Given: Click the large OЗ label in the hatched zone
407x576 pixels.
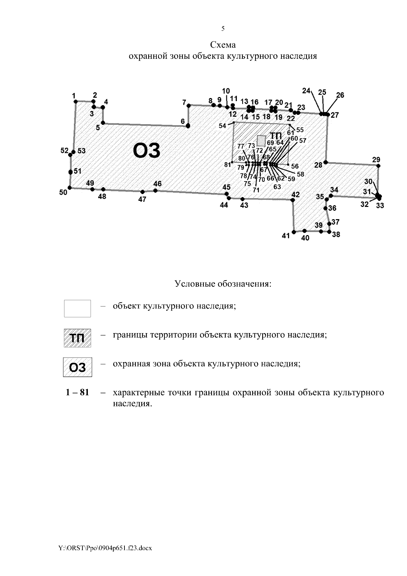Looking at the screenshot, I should [147, 151].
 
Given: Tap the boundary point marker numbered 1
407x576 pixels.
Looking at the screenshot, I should [76, 101].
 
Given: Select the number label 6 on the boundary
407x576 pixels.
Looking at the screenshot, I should [182, 121].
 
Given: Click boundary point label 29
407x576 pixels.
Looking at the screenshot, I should [376, 160].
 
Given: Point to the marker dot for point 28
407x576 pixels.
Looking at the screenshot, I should [326, 162].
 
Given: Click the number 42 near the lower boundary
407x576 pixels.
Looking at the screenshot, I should [295, 195].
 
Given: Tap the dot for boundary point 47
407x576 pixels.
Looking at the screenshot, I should [142, 192].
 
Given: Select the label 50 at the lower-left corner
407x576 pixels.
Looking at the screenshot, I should [63, 192].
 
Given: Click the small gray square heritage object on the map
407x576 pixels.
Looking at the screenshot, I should [261, 140].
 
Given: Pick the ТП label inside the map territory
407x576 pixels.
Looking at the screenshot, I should [275, 136].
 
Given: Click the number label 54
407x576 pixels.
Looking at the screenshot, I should [222, 126].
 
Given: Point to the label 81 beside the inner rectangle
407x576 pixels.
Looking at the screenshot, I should [227, 165].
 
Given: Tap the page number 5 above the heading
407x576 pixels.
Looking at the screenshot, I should [223, 28].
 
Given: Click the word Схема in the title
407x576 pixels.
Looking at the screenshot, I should [223, 45].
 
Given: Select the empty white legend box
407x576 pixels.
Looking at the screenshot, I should [77, 308].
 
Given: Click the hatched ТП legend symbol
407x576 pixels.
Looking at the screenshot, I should [77, 338].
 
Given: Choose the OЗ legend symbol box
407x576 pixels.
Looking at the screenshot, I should [77, 367].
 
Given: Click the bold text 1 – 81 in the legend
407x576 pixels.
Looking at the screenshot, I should [77, 393].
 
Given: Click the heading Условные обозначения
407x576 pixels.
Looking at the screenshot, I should [223, 283].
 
